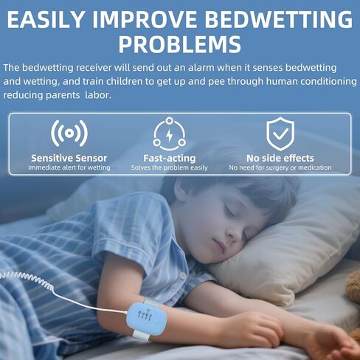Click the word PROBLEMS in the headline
[x=180, y=44]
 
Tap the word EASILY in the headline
[x=46, y=19]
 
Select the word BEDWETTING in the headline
[x=279, y=19]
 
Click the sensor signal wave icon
[x=69, y=133]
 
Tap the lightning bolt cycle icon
[x=169, y=134]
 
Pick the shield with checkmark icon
[x=280, y=134]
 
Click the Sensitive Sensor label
[x=69, y=158]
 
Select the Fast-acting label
[x=170, y=158]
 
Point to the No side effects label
[x=280, y=158]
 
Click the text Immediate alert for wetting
[x=69, y=167]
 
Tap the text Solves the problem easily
[x=170, y=167]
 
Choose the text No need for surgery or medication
[x=280, y=167]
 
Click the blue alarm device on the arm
[x=147, y=319]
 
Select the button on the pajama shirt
[x=182, y=276]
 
